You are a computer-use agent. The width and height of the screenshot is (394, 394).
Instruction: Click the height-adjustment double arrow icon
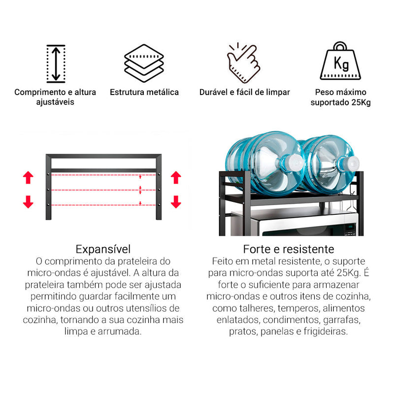(56, 64)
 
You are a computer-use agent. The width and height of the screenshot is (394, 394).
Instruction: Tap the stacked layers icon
(144, 63)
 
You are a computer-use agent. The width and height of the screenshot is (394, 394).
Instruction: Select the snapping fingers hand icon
(243, 63)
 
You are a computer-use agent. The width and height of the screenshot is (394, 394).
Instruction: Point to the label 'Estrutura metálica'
(144, 92)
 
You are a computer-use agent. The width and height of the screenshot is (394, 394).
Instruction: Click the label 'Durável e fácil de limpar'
(244, 92)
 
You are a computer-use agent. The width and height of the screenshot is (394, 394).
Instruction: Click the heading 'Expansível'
(103, 249)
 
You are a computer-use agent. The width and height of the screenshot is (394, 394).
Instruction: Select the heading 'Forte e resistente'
(289, 249)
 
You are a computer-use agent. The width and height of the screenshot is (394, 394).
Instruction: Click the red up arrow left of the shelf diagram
(28, 177)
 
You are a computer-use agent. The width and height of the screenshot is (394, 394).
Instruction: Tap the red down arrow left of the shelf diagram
(28, 202)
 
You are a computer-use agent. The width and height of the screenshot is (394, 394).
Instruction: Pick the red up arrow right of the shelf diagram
(176, 177)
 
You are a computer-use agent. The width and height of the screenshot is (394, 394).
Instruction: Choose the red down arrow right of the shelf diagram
(176, 202)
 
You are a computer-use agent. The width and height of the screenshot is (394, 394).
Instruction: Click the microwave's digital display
(350, 228)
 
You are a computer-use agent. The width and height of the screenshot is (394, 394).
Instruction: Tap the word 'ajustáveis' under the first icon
(55, 102)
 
